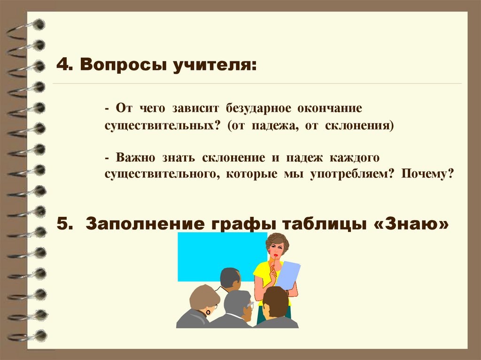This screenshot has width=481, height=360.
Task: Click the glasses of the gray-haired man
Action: point(249,306)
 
